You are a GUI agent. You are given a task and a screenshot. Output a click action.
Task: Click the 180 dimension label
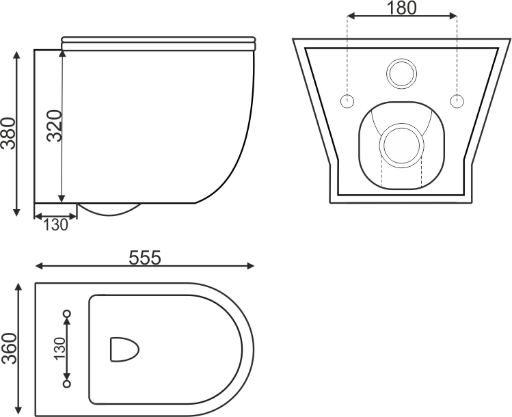401,8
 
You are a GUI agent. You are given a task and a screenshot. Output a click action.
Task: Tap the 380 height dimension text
8,133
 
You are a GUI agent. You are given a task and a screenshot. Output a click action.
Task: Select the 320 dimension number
54,126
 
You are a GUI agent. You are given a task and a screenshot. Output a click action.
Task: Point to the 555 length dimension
145,258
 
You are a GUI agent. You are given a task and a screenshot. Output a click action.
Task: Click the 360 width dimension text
9,349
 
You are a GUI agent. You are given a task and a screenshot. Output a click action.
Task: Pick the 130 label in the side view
55,225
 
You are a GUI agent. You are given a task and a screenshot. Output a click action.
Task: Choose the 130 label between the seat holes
59,349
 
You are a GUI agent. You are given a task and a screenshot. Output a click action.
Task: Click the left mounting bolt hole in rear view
347,101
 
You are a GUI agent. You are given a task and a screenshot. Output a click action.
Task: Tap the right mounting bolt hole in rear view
457,101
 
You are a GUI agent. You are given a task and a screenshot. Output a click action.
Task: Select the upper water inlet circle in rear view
402,59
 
